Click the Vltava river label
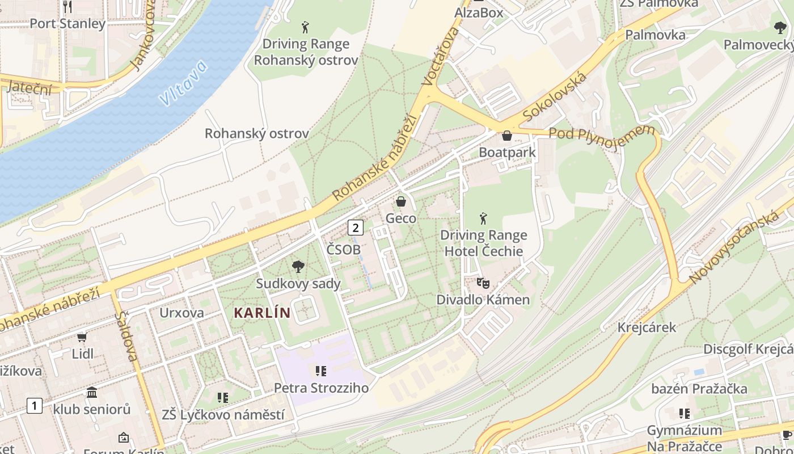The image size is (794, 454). point(183,83)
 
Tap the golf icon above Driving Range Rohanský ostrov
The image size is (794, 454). point(305,27)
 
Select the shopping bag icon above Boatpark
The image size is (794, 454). point(507,136)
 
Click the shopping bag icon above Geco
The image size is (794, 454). point(401,201)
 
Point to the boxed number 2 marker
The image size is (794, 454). point(355,228)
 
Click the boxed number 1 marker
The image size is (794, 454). point(35,406)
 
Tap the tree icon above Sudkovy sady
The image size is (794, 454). point(298,267)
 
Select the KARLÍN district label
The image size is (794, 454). point(262,313)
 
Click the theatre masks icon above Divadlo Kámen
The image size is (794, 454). point(483,282)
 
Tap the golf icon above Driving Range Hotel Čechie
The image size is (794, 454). point(483,218)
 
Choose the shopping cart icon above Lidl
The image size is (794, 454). point(82,337)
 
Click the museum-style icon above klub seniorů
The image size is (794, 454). point(92,392)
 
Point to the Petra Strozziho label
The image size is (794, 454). point(321,388)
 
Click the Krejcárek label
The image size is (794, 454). point(647,327)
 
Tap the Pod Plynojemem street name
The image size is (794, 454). point(602,136)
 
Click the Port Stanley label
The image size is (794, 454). point(67,24)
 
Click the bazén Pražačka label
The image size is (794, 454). point(699,389)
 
